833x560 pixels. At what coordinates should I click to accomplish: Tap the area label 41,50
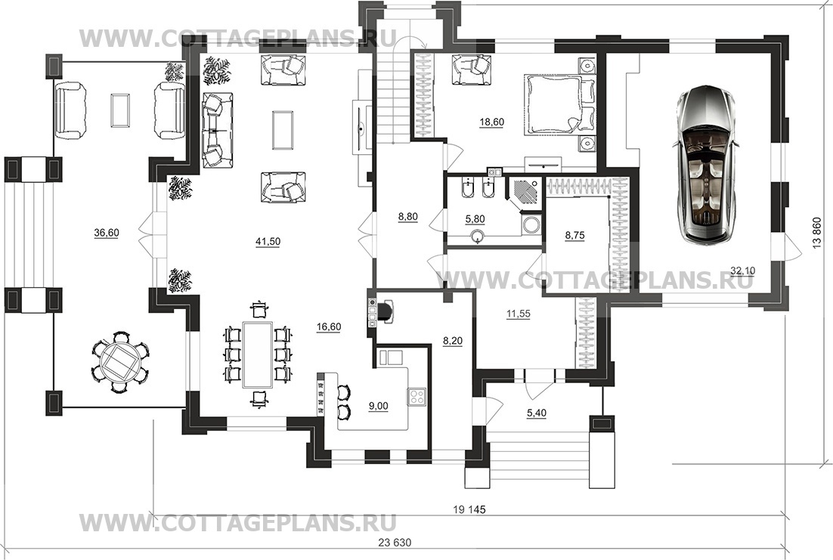tap(268, 242)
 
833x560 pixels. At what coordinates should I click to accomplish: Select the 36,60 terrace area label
tap(107, 233)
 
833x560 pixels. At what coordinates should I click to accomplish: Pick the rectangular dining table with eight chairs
tap(258, 354)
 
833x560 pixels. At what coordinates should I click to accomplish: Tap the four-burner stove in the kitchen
tap(416, 396)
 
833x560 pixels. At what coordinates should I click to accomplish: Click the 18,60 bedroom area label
tap(491, 122)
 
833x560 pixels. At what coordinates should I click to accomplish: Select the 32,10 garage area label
tap(743, 271)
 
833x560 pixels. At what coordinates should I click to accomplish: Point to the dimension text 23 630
tap(395, 543)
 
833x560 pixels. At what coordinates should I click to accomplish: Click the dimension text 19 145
tap(469, 509)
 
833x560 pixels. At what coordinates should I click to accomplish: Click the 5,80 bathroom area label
tap(475, 219)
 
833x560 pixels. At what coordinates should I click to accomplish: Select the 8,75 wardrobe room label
tap(574, 235)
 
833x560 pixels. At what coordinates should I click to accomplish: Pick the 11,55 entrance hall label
tap(518, 314)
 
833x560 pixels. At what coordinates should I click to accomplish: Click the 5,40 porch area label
tap(537, 413)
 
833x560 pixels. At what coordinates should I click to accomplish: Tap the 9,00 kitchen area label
tap(378, 407)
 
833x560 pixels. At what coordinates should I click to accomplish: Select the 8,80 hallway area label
tap(408, 217)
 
